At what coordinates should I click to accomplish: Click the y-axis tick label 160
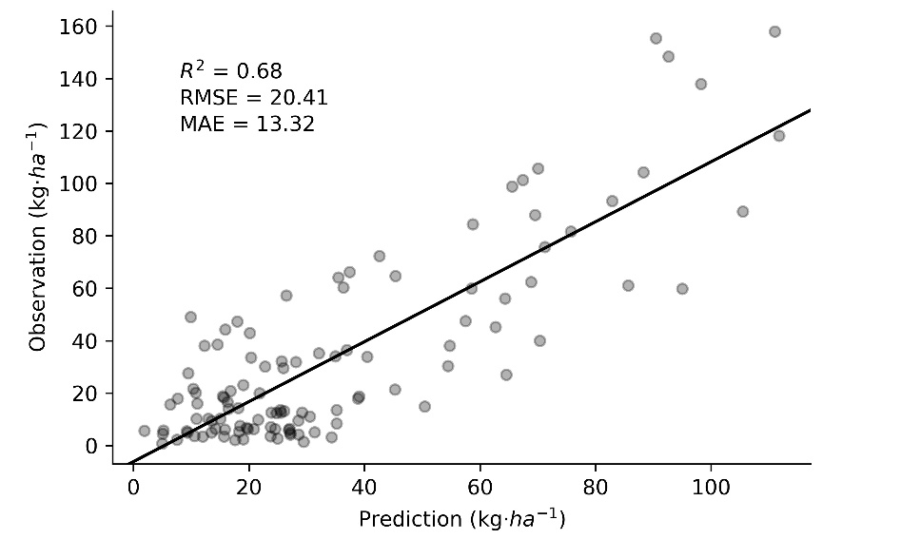82,27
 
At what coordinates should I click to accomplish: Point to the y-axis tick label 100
82,183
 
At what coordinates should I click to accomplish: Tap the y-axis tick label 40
87,340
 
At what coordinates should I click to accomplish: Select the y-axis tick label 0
92,446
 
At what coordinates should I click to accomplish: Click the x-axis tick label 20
249,487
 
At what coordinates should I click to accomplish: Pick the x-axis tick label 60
480,487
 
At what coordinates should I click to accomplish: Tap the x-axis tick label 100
711,487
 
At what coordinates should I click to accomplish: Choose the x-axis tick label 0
133,487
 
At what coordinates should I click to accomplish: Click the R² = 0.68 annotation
230,70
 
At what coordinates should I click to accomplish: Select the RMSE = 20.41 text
254,97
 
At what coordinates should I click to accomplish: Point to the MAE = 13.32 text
247,124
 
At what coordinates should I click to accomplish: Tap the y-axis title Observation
39,236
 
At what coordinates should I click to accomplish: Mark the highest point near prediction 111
774,31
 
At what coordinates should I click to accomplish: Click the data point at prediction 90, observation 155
656,38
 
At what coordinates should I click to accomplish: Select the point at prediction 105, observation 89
742,211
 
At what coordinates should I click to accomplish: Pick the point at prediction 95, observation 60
682,288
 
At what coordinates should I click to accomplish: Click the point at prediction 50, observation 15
424,406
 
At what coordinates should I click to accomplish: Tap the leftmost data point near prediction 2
145,431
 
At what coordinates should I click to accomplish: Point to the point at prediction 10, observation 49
190,317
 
